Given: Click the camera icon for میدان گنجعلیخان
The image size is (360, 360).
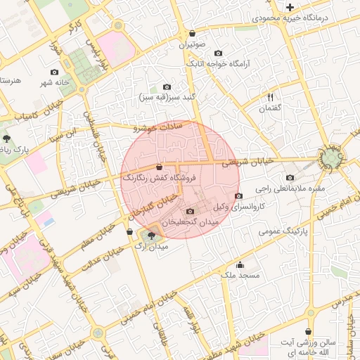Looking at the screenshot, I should (190, 212).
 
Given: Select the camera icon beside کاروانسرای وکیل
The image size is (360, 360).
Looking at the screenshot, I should (238, 195).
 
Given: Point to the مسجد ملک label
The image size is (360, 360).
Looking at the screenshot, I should (240, 276).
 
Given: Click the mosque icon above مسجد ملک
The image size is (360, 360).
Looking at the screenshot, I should (240, 265).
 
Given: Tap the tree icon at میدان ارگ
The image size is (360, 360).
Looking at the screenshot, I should (151, 236).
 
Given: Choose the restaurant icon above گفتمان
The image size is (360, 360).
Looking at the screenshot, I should (270, 97).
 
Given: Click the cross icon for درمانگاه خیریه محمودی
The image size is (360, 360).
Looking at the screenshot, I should (290, 7).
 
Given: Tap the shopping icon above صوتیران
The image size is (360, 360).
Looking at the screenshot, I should (192, 33).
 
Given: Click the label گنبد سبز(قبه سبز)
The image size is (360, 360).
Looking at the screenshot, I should (167, 96).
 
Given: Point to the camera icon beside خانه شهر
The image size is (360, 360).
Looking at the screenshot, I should (55, 72).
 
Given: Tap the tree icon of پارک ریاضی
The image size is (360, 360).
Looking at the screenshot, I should (7, 139).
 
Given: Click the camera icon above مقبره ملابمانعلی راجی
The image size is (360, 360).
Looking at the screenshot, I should (290, 178).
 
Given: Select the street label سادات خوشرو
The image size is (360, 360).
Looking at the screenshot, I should (157, 127).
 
